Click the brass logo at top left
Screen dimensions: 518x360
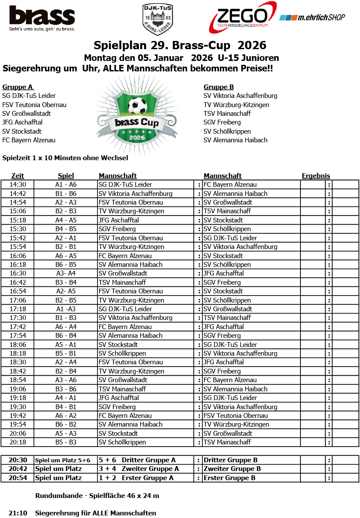click(x=42, y=18)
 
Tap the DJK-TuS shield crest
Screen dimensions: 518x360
click(x=158, y=19)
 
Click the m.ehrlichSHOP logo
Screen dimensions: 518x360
click(x=312, y=17)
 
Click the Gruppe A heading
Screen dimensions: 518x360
click(x=18, y=87)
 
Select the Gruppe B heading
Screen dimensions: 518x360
click(x=219, y=87)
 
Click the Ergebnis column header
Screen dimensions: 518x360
click(x=316, y=176)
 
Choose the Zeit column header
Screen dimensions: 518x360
click(x=17, y=176)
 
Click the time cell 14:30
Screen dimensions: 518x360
click(x=18, y=185)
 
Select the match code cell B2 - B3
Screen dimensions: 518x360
click(x=66, y=211)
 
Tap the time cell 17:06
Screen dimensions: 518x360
click(x=18, y=300)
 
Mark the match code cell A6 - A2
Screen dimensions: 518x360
click(x=66, y=416)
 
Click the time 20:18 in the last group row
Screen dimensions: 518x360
click(x=18, y=442)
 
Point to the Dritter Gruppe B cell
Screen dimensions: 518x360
click(x=230, y=460)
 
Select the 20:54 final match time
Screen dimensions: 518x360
click(x=18, y=478)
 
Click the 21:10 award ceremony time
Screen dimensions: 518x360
click(x=18, y=513)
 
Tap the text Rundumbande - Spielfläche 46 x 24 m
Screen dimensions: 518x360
click(x=97, y=495)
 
